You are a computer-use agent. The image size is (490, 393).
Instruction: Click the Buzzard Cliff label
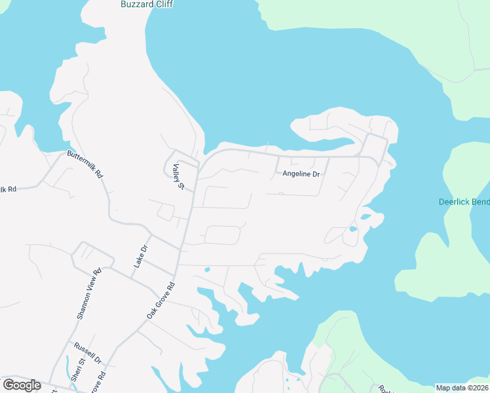coord(147,4)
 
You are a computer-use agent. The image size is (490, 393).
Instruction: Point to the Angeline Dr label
coord(301,174)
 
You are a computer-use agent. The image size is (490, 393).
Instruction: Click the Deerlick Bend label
coord(464,202)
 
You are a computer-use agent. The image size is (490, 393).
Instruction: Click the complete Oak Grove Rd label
coord(162,301)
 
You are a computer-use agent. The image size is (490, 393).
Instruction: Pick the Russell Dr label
coord(88,353)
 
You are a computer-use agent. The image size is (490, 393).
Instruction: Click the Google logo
coord(22,385)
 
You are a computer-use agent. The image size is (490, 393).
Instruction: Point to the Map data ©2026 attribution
coord(462,388)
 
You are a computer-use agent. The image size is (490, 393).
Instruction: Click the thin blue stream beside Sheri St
coord(74,381)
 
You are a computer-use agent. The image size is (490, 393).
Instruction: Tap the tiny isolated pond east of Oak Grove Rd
coord(207,269)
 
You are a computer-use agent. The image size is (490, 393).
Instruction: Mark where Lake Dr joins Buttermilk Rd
coord(151,234)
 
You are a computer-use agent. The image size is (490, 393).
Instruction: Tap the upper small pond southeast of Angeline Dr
coord(366,217)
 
